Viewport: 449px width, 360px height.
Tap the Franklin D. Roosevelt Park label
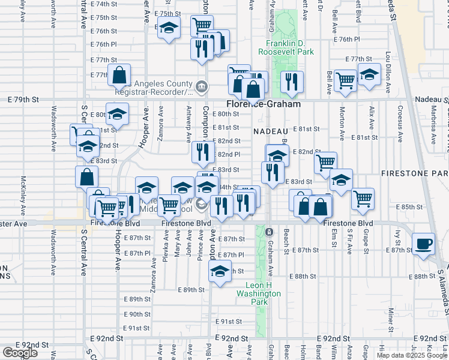[286, 48]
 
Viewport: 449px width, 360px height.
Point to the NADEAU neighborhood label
[271, 131]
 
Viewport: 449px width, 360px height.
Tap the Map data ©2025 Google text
[411, 355]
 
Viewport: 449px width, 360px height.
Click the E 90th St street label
[137, 314]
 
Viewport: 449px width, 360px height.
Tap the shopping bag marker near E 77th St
[120, 76]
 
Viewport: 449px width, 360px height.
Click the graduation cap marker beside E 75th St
[169, 27]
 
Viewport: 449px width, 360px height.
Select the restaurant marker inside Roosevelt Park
[292, 82]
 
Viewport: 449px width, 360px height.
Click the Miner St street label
[391, 317]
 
